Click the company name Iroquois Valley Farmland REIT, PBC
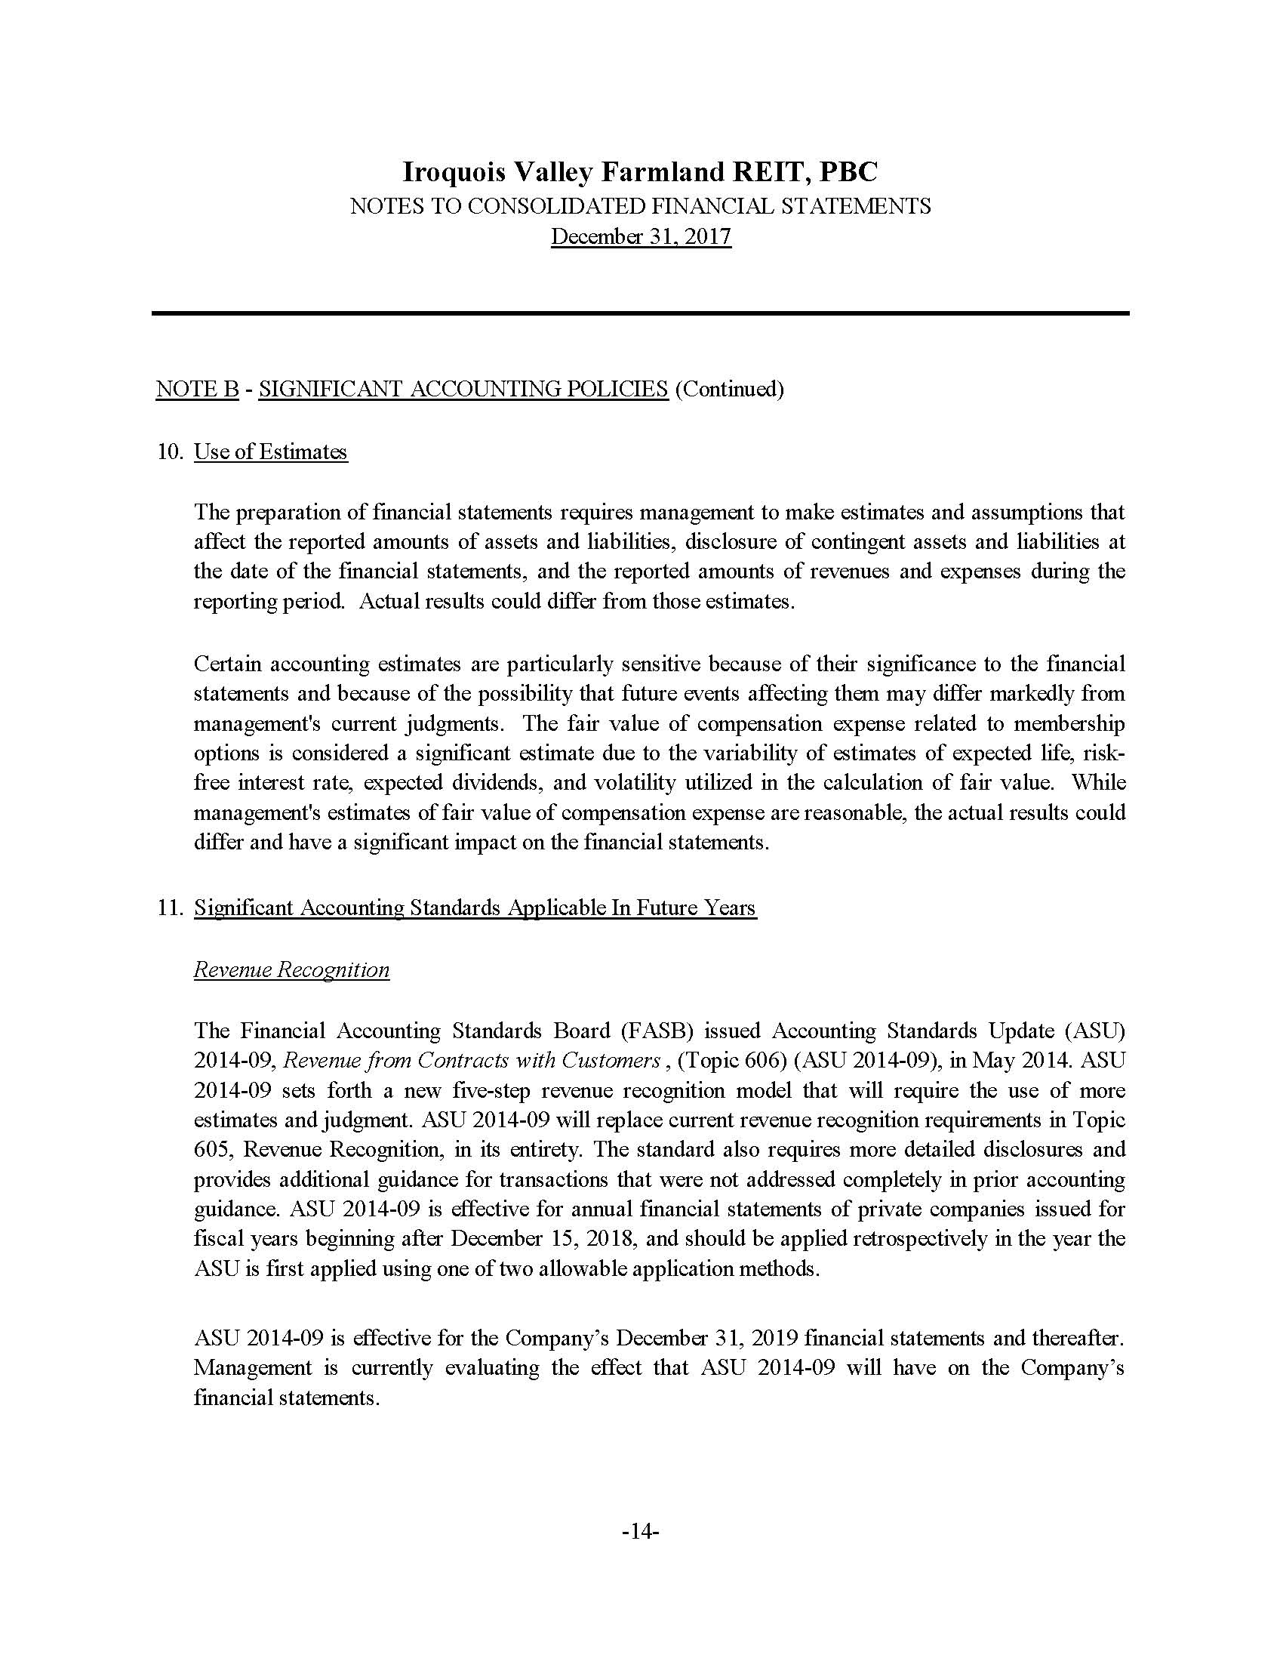(x=640, y=173)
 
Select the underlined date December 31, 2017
(x=641, y=236)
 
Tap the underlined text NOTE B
(x=198, y=389)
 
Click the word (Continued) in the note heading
(x=729, y=389)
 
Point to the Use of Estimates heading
(x=271, y=451)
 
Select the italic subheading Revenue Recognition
(x=291, y=969)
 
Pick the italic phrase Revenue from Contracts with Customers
(x=471, y=1060)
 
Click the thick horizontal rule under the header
(x=640, y=313)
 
